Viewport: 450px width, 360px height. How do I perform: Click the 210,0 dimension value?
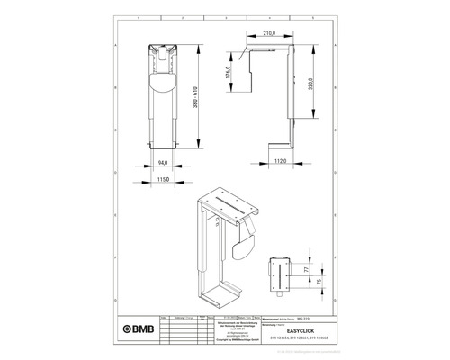point(268,34)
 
